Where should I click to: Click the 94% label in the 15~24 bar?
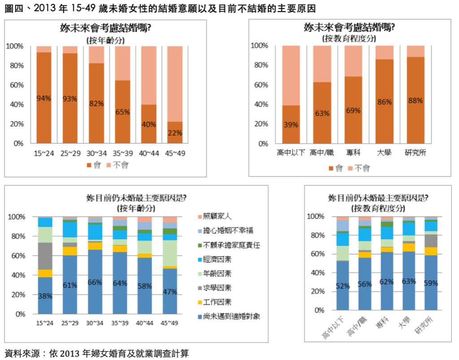[x=43, y=99]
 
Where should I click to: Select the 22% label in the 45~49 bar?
[x=175, y=133]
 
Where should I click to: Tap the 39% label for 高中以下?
[x=291, y=125]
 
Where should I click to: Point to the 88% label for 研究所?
[x=416, y=101]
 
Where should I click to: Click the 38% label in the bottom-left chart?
[x=45, y=296]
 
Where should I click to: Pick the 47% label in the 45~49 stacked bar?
[x=170, y=291]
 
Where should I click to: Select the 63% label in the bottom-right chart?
[x=409, y=282]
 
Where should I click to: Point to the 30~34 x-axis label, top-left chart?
[x=96, y=154]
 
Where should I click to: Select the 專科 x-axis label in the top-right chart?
[x=353, y=153]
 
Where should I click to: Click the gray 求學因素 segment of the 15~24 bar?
[x=45, y=256]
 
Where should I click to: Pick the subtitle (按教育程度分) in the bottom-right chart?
[x=379, y=208]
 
